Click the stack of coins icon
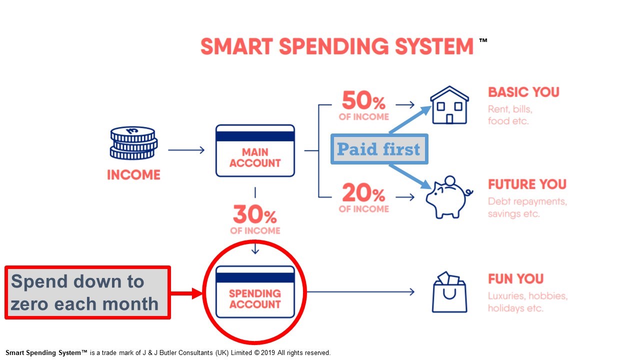[133, 143]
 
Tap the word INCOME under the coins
[133, 175]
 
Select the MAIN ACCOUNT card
[255, 150]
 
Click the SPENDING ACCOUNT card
[255, 291]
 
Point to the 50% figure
[363, 100]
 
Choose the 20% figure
[363, 193]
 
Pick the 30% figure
[255, 214]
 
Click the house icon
[449, 105]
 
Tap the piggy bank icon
[449, 197]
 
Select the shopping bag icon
[449, 292]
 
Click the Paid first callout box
[379, 149]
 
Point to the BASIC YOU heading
[523, 92]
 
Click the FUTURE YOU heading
[527, 184]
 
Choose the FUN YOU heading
[515, 279]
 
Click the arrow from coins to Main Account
[186, 150]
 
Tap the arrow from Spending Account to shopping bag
[360, 291]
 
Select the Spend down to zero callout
[87, 292]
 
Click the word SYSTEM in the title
[434, 46]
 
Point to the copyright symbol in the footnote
[257, 353]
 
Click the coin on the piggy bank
[450, 181]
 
